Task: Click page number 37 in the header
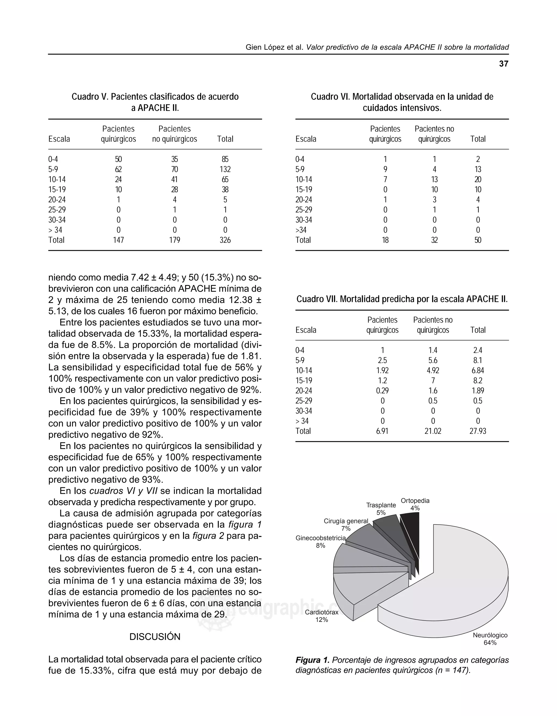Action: (x=503, y=64)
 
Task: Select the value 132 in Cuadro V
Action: (x=225, y=169)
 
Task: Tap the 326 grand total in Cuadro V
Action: (x=225, y=240)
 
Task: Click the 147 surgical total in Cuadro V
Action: (x=118, y=240)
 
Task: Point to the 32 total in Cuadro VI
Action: (x=434, y=240)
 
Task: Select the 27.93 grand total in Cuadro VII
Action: (x=478, y=431)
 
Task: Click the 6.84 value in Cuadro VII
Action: (x=478, y=370)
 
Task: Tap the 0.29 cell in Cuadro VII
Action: (x=382, y=391)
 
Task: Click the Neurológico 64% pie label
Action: (x=490, y=638)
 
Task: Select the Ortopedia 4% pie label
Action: (x=415, y=504)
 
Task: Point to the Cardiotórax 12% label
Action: (x=322, y=616)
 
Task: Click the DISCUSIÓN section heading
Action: (x=155, y=637)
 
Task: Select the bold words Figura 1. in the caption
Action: (x=312, y=660)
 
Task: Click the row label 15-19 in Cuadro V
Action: (x=57, y=190)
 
